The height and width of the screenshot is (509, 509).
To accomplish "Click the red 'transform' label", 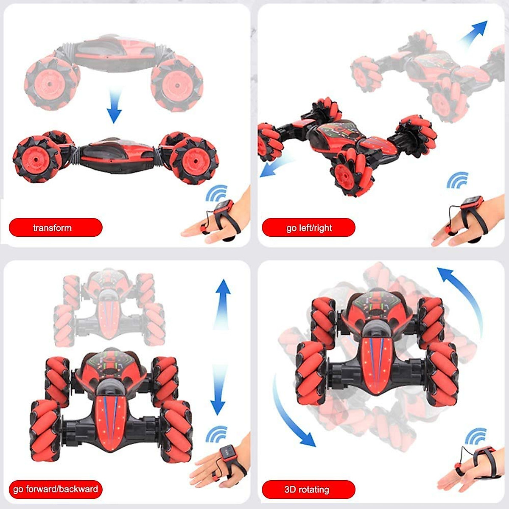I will click(x=55, y=228).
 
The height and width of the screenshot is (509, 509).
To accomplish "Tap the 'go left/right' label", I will click(x=308, y=228).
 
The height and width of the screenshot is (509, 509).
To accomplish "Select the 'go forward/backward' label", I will click(x=55, y=489).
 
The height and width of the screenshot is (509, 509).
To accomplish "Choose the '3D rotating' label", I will click(x=308, y=489).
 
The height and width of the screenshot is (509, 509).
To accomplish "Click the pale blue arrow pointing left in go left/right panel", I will click(x=276, y=166).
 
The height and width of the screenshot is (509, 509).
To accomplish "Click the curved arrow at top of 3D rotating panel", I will click(x=462, y=297).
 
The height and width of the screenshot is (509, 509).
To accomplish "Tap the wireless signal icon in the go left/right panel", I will click(x=457, y=180).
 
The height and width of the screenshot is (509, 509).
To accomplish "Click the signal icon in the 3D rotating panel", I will click(x=476, y=436).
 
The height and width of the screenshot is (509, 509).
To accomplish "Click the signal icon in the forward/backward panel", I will click(x=217, y=434).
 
